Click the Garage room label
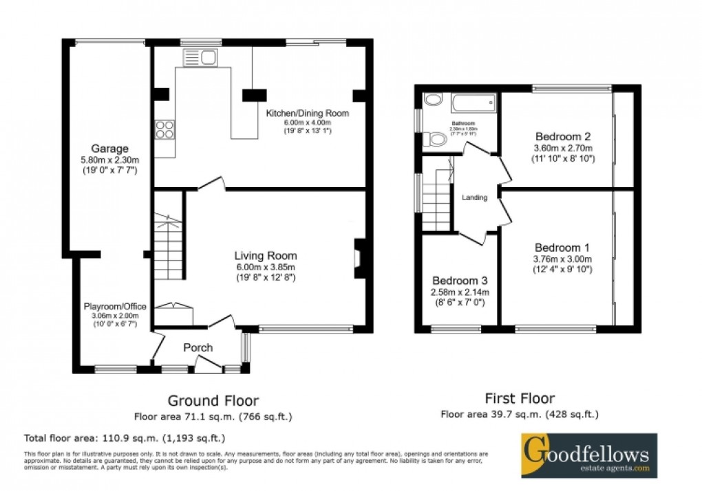(110, 149)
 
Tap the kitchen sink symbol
(201, 58)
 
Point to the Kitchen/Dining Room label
(308, 113)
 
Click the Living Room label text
(265, 256)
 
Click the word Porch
(198, 348)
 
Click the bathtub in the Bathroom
(473, 104)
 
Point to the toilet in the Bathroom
(436, 140)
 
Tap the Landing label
(474, 197)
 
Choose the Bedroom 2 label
(563, 136)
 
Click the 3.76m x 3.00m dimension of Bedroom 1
(562, 259)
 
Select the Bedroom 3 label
(460, 281)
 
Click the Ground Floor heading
(214, 400)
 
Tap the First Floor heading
(520, 398)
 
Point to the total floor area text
(124, 437)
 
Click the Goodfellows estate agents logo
(588, 455)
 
